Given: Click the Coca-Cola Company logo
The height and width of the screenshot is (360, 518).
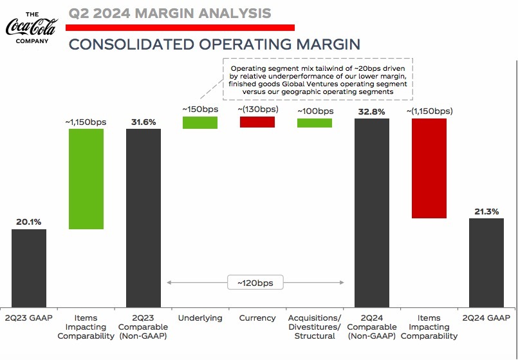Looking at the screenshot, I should tap(31, 27).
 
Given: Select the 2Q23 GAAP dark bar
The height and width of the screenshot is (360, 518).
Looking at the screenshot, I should tap(29, 268).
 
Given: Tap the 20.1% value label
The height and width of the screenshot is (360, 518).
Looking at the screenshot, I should tap(29, 222).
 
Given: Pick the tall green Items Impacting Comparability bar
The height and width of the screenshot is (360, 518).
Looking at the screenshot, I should tap(86, 179).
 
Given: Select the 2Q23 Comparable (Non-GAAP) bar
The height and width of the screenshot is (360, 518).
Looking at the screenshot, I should tap(143, 218).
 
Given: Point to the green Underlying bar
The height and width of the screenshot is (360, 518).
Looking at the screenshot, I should tap(200, 122).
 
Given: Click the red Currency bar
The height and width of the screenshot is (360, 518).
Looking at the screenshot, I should tap(257, 122).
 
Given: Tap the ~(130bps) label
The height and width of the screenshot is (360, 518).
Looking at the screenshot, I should tap(257, 109).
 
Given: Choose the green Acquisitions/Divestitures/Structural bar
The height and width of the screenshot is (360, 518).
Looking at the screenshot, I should tap(315, 122).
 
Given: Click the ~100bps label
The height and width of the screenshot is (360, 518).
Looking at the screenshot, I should tap(315, 111).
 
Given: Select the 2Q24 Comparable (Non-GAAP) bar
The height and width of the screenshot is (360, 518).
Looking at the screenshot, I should tap(372, 213).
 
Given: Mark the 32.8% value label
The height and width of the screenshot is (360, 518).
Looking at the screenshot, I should tap(372, 111).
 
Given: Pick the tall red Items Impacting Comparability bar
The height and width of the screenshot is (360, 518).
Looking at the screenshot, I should tap(429, 168).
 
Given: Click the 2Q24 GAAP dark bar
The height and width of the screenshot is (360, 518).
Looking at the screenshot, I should tap(486, 263).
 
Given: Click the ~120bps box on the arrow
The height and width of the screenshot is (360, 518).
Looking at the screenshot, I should tap(255, 283).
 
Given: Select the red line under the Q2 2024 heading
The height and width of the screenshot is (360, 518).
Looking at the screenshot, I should tap(181, 28).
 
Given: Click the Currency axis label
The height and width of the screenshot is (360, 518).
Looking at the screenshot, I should tap(257, 318).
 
